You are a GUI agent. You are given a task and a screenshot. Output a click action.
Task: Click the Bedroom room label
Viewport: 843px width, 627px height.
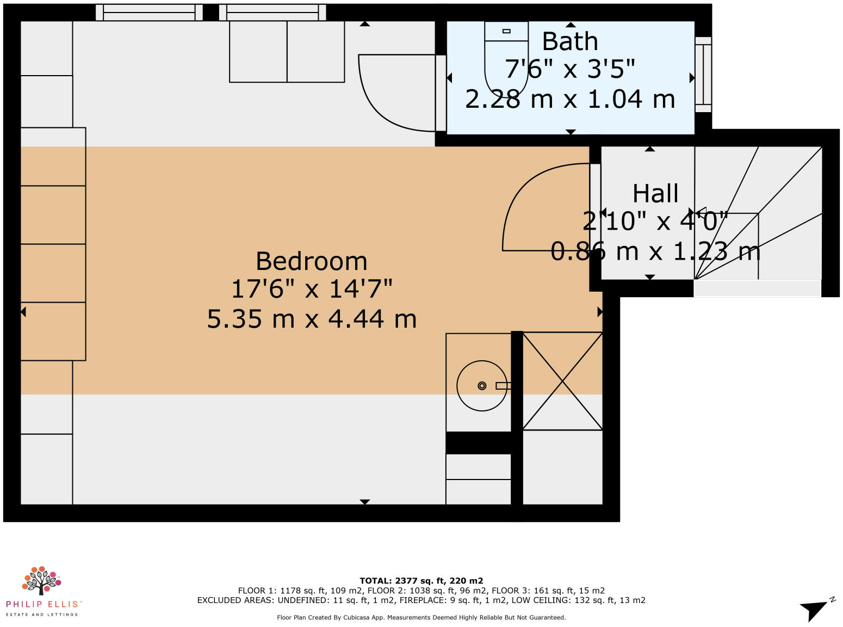312,261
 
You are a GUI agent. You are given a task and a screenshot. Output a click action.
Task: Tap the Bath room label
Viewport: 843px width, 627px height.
570,41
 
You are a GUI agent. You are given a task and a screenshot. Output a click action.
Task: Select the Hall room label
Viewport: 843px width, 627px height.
655,193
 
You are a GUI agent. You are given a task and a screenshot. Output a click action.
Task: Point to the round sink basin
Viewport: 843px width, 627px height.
481,386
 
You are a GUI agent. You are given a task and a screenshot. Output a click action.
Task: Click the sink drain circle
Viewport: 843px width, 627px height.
482,386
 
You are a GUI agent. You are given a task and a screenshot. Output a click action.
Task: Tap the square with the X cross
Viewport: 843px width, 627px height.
562,381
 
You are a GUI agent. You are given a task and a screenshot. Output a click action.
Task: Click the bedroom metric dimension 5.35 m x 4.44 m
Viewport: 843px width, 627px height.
312,319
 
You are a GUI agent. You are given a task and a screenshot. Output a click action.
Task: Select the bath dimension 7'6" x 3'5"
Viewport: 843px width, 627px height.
570,70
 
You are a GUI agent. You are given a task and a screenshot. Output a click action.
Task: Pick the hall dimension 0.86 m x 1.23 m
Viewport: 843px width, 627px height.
655,251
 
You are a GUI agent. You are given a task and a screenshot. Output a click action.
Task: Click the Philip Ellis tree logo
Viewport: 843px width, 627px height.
41,581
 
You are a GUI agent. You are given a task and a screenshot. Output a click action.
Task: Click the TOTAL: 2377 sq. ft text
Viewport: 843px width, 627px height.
421,581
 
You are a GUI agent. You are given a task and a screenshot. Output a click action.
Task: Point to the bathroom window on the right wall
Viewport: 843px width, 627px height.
703,75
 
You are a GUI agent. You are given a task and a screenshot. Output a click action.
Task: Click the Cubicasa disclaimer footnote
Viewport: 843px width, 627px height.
421,617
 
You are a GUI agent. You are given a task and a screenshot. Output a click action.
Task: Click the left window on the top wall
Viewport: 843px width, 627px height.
149,12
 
